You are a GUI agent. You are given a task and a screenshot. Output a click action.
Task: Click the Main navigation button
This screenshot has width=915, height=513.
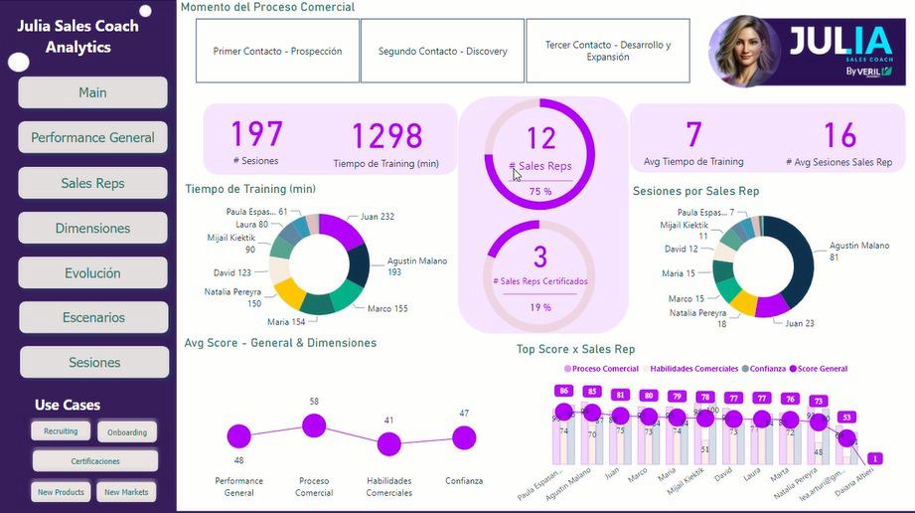[x=92, y=92]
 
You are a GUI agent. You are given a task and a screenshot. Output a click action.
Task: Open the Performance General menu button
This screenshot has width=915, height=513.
[x=92, y=137]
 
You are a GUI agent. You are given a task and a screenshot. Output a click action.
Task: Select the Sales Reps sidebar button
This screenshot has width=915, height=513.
[x=92, y=183]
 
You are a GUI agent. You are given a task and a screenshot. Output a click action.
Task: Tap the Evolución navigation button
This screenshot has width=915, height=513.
[x=92, y=273]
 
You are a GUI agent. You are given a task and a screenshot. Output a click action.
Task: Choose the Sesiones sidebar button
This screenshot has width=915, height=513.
[x=94, y=363]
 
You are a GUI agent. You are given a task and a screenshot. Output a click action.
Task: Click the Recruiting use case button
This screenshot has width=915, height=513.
[x=61, y=431]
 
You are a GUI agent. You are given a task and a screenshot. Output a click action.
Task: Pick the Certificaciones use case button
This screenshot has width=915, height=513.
[x=95, y=461]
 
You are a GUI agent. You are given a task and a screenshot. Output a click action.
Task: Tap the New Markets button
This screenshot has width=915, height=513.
[x=126, y=492]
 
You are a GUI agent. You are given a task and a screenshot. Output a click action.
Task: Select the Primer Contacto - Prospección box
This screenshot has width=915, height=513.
[x=277, y=51]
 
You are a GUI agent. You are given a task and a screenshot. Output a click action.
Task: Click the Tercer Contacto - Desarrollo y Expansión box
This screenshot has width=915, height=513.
[x=608, y=51]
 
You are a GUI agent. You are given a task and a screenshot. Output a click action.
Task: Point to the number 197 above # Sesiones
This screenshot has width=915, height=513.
[x=257, y=134]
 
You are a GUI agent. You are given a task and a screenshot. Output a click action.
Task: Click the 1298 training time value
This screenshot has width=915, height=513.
[x=386, y=136]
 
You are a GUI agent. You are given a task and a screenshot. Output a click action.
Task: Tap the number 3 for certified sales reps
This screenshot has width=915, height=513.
[x=540, y=257]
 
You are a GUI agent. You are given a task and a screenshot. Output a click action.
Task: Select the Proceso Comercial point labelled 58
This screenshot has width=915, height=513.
[x=314, y=426]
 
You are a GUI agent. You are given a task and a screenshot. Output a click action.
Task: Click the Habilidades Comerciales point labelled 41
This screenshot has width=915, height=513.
[x=388, y=444]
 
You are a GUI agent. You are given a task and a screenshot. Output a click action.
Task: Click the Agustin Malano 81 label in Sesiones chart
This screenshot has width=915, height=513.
[x=859, y=251]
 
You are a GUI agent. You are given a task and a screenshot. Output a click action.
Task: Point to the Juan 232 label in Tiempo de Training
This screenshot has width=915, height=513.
[x=378, y=216]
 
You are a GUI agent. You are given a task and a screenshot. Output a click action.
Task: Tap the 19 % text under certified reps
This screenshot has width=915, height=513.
[x=540, y=308]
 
